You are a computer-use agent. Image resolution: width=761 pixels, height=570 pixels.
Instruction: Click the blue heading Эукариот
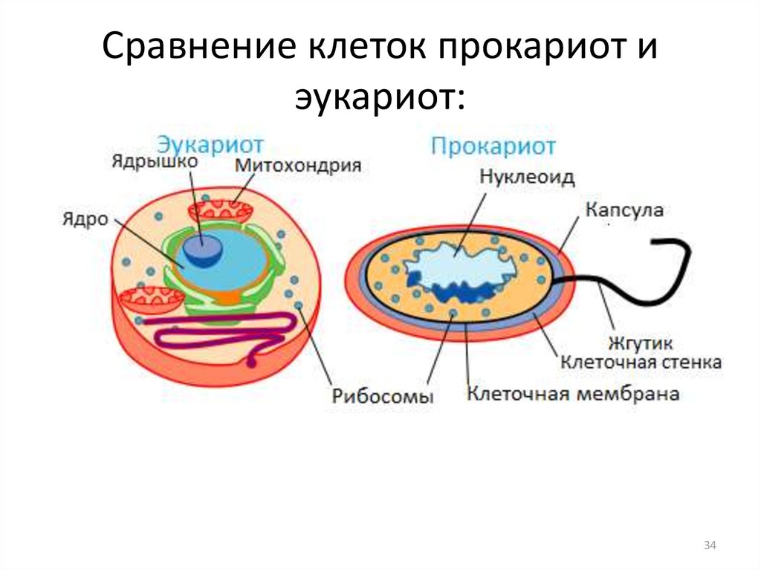210,145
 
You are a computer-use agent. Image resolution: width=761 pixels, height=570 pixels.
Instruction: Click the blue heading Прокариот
493,146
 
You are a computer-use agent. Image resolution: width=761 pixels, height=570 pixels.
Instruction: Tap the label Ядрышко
155,161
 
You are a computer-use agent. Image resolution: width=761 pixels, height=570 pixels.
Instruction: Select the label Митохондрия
298,166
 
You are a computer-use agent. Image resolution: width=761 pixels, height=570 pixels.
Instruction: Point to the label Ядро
85,219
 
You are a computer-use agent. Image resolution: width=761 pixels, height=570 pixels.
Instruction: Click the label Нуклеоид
527,177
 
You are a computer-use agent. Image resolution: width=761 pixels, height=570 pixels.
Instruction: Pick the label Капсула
624,210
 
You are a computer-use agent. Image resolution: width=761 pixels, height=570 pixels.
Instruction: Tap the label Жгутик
641,343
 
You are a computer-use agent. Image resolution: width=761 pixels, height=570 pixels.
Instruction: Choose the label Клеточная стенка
641,362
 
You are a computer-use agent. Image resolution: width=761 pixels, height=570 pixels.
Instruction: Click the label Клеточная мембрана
573,393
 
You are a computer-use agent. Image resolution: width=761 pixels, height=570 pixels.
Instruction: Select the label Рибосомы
383,396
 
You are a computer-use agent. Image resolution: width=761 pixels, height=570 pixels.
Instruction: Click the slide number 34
710,545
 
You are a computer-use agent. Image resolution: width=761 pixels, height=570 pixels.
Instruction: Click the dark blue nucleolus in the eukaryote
204,250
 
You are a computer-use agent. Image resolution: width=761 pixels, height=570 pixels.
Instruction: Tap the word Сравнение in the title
199,47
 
